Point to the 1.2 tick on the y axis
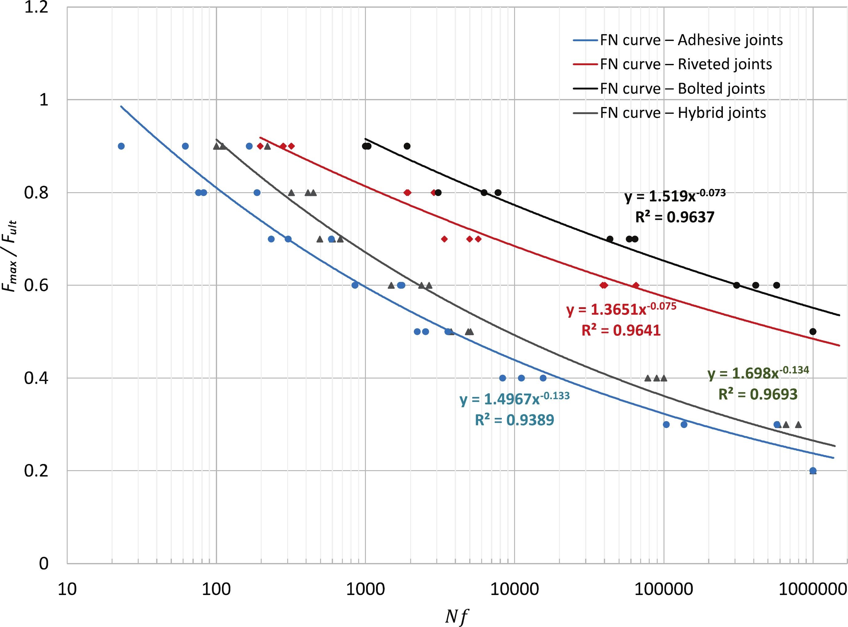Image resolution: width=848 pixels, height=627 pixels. click(36, 8)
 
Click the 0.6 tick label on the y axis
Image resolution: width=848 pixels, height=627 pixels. click(36, 285)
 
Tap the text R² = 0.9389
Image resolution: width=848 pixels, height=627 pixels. click(514, 420)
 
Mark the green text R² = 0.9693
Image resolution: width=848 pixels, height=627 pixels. click(758, 394)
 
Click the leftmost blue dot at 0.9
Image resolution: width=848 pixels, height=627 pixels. click(121, 146)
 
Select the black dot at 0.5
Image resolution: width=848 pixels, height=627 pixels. click(813, 331)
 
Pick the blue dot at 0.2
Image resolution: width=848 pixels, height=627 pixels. click(813, 470)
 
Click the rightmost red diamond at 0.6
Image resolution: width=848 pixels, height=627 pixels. click(636, 285)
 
